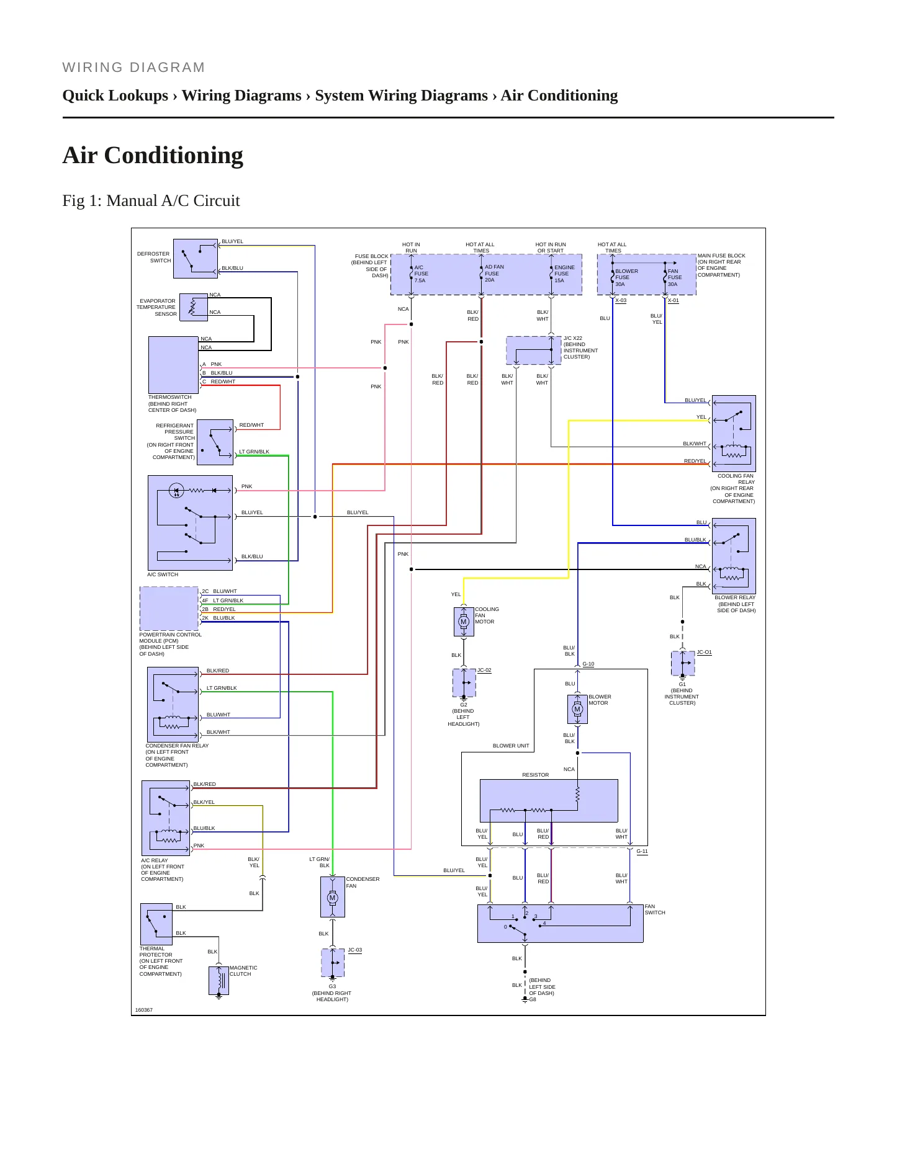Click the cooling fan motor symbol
pos(463,622)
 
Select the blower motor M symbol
pos(577,709)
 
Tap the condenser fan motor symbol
pos(332,897)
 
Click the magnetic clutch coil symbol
pos(219,980)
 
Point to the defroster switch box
pos(196,259)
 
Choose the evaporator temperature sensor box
pos(194,307)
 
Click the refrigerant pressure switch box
pos(215,442)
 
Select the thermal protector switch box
pos(156,924)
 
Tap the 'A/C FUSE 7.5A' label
pos(421,274)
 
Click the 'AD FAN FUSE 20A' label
pos(494,274)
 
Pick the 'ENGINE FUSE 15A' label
pos(564,274)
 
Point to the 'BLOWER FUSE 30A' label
pos(626,277)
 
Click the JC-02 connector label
pos(484,670)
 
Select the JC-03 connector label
pos(354,950)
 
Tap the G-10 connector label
pos(588,664)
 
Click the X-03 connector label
pos(621,300)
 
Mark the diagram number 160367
pos(144,1010)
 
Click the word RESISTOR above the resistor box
pos(535,775)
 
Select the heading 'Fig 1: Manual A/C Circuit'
pos(151,200)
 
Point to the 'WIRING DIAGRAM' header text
pos(133,68)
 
